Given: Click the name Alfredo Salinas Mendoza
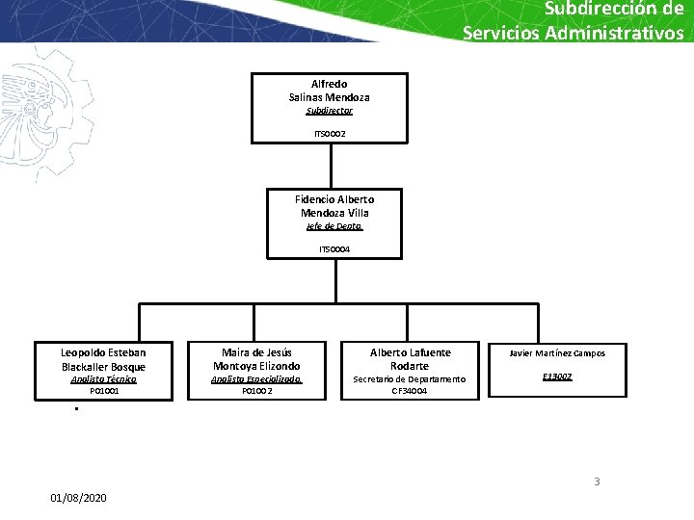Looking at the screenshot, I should click(x=329, y=91).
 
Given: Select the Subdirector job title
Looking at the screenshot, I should click(x=329, y=111).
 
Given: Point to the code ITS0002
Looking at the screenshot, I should click(x=329, y=133).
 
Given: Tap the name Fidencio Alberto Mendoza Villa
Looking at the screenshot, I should click(x=334, y=206).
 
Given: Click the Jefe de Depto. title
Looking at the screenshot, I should click(x=334, y=226).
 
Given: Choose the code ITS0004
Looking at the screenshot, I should click(x=334, y=249).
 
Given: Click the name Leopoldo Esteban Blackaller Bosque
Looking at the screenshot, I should click(x=103, y=359).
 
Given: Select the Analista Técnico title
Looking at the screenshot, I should click(x=103, y=379).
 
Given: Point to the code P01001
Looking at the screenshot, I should click(x=103, y=391).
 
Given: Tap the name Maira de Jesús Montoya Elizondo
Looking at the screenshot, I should click(x=256, y=359).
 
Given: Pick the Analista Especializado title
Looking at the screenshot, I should click(x=256, y=379).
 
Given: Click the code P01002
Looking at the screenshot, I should click(x=256, y=391).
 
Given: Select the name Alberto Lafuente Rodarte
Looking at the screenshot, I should click(x=410, y=359).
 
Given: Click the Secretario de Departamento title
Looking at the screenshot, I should click(x=410, y=379).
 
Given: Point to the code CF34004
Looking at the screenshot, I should click(x=410, y=391).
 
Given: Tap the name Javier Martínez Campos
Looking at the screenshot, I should click(x=557, y=353).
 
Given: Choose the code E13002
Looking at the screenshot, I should click(x=557, y=377).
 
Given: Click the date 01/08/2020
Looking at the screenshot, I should click(x=79, y=497).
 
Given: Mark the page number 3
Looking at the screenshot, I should click(x=597, y=481).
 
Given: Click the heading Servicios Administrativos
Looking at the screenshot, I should click(x=573, y=33).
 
